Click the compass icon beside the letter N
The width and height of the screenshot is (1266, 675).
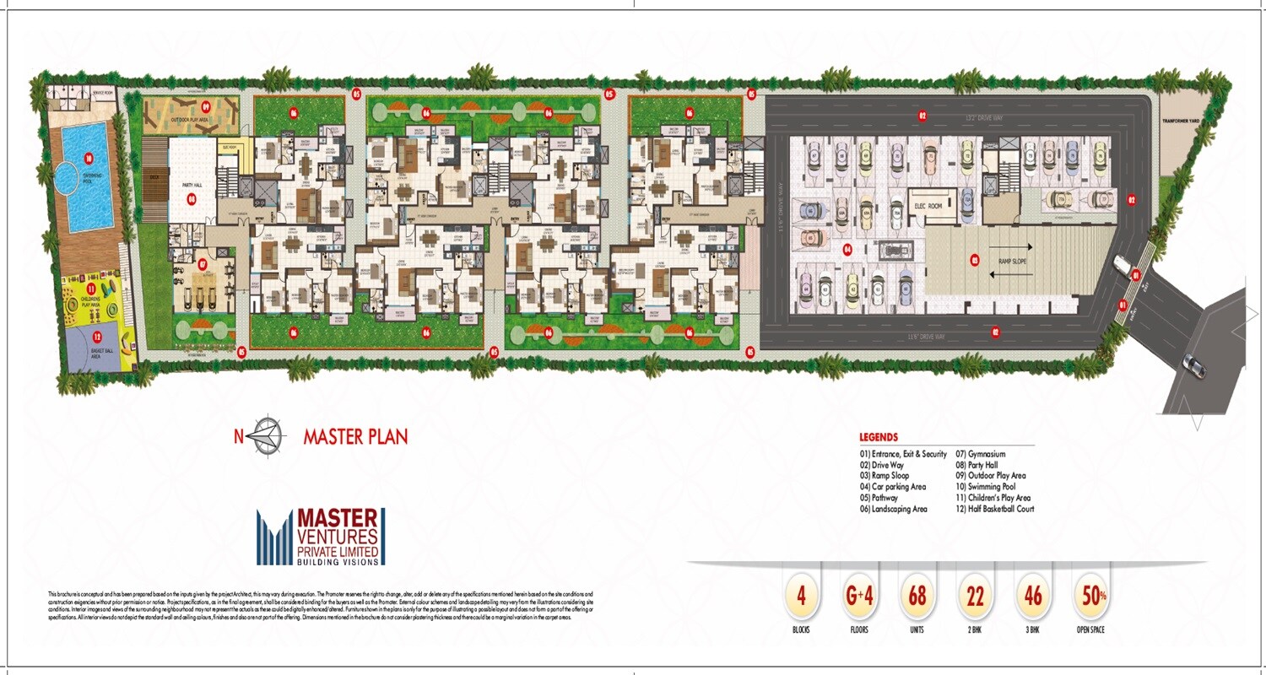(x=269, y=435)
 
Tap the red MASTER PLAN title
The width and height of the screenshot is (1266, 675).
(x=355, y=437)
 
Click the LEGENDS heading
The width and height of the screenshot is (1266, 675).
(x=879, y=438)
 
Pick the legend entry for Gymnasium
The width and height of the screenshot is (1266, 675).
(x=980, y=454)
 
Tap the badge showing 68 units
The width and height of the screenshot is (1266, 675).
(x=917, y=596)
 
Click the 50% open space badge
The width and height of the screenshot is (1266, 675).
(x=1090, y=596)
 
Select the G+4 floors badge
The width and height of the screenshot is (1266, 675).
(x=859, y=596)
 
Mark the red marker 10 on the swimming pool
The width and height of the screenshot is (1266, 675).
(x=88, y=157)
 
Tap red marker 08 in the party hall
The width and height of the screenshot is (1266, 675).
(x=192, y=200)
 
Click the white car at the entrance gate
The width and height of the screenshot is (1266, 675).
(x=1122, y=264)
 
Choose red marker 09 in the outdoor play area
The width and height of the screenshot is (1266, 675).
(x=206, y=107)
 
